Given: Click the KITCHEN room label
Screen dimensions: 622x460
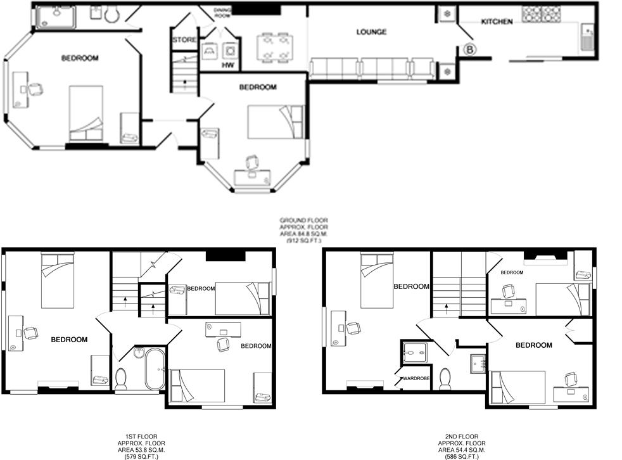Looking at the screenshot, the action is (x=497, y=22).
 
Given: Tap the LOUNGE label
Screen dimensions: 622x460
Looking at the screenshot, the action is (x=371, y=32).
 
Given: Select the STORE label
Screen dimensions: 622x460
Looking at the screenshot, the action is (x=184, y=40).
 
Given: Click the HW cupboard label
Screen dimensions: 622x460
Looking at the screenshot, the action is (x=227, y=65).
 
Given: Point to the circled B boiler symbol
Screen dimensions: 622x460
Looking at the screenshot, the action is (x=470, y=50).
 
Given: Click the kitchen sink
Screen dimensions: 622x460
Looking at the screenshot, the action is (x=587, y=37).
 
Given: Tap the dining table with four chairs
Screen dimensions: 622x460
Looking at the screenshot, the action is (x=275, y=48).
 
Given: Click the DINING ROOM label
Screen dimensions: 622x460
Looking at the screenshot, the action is (x=222, y=13).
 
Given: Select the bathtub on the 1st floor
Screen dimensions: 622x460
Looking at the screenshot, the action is (x=155, y=369).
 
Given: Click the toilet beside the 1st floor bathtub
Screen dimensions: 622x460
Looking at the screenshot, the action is (x=121, y=379).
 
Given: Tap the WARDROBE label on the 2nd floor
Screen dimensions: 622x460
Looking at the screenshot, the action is (x=416, y=378).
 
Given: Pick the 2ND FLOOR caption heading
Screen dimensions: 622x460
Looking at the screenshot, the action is (x=462, y=437).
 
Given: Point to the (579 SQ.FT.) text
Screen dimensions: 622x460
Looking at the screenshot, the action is (x=141, y=457).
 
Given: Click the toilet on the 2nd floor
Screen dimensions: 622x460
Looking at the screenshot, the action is (x=445, y=379).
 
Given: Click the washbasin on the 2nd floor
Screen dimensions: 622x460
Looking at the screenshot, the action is (x=478, y=364).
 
